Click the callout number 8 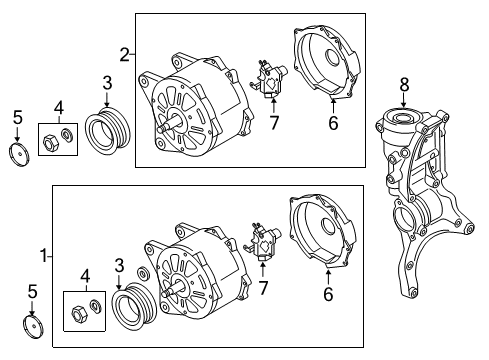tap(404, 85)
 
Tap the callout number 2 tap(125, 55)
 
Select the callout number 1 tap(43, 256)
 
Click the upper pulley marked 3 tap(108, 130)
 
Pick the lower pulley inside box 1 tap(134, 307)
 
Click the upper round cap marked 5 tap(19, 154)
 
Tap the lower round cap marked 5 tap(33, 326)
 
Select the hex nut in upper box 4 tap(51, 143)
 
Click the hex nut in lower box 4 tap(79, 313)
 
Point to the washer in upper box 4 tap(68, 135)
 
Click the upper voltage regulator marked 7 tap(268, 79)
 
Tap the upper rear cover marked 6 tap(327, 63)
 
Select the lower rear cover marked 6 tap(323, 231)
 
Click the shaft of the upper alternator tap(168, 122)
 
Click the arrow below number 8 tap(404, 100)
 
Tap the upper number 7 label tap(274, 122)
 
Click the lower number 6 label tap(328, 294)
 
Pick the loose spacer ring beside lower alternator tap(144, 273)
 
